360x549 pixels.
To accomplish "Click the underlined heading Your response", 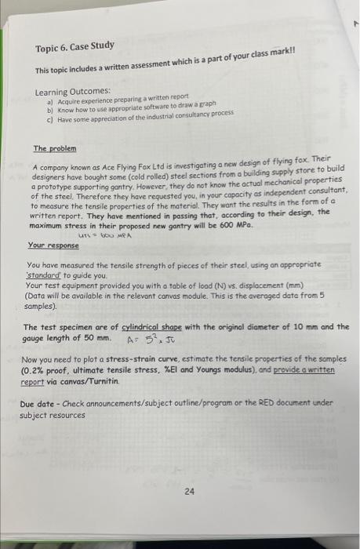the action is click(x=51, y=245).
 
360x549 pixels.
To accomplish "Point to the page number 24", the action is click(x=189, y=492).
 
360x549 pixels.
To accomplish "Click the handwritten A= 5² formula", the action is click(x=147, y=340).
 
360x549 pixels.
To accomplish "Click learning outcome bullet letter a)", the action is click(x=51, y=102).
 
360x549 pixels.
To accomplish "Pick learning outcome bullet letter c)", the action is click(x=51, y=119).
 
